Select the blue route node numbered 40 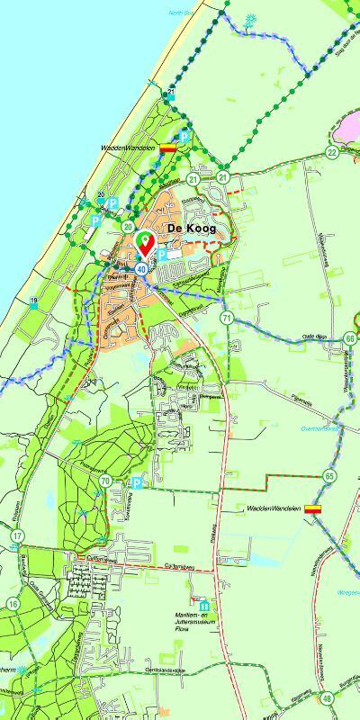[142, 267]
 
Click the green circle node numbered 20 [129, 227]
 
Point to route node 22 [332, 152]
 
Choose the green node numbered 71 [227, 319]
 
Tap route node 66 [349, 338]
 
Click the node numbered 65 [330, 475]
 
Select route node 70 [107, 482]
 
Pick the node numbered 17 [16, 537]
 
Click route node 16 [13, 603]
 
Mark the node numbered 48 [326, 698]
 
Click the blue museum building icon [205, 604]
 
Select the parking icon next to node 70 [136, 483]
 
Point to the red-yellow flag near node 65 [313, 509]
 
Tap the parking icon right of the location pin [162, 256]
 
